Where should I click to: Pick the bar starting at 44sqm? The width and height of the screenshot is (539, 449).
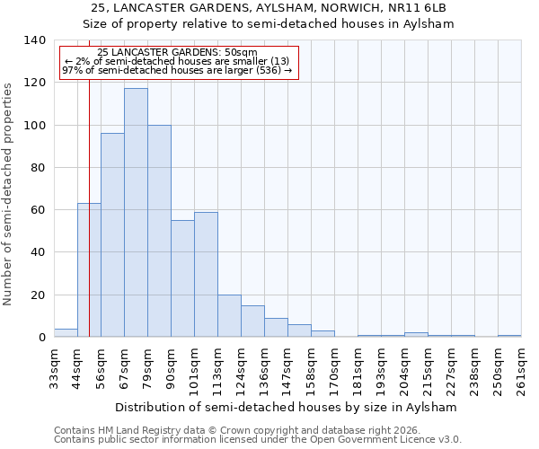(89, 270)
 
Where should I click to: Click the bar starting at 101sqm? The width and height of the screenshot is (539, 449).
(206, 275)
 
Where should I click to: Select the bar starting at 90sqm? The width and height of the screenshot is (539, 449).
(182, 278)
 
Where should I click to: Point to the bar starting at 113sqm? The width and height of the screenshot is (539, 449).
(229, 316)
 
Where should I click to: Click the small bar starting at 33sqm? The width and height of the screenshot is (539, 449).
(66, 333)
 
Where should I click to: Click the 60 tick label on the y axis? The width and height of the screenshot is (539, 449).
(38, 210)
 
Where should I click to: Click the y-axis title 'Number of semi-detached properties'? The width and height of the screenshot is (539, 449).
(8, 194)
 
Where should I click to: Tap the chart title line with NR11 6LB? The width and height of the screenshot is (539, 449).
(269, 8)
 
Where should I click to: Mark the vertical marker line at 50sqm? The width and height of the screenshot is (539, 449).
(89, 180)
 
